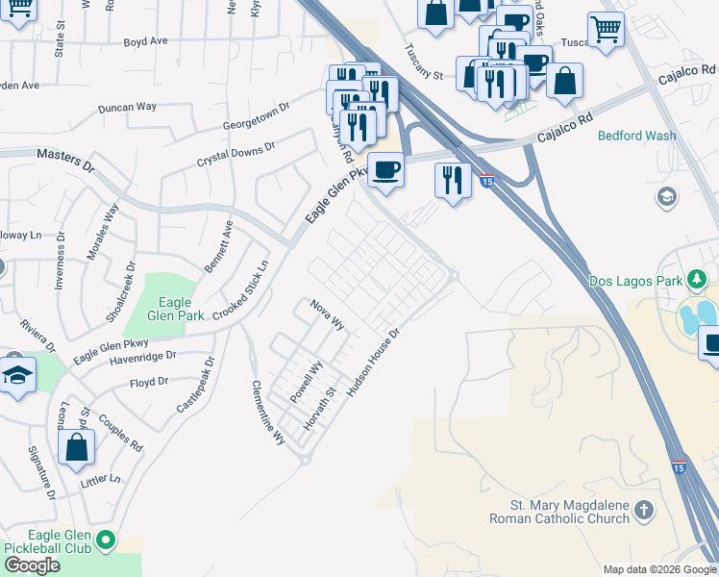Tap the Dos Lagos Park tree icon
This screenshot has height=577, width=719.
tap(698, 280)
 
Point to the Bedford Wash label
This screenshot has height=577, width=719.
tap(636, 136)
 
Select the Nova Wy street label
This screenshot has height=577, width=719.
tap(327, 314)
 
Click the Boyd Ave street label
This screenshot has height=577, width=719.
tap(146, 42)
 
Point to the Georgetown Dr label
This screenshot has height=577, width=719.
tap(256, 118)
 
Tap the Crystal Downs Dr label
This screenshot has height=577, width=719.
tap(236, 153)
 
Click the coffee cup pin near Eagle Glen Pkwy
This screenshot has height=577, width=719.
tap(385, 169)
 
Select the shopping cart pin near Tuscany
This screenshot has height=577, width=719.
tap(606, 29)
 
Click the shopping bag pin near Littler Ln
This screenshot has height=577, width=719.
tap(77, 447)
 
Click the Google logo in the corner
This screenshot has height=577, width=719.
tap(32, 565)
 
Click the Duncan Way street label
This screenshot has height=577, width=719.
tap(128, 108)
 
